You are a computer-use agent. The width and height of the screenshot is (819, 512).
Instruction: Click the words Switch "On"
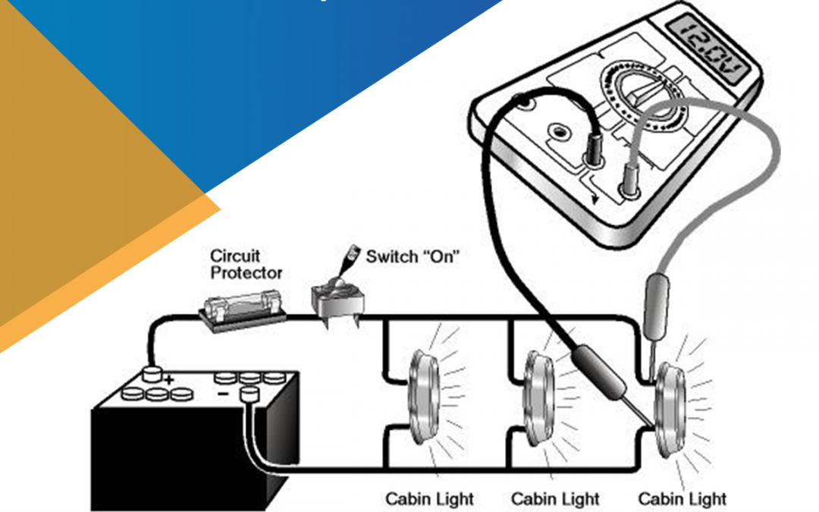(x=412, y=256)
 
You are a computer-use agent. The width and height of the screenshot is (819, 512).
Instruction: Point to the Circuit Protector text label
(x=246, y=265)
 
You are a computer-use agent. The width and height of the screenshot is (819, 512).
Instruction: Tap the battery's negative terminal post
(x=249, y=395)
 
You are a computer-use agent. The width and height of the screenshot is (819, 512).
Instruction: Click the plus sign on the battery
(x=168, y=380)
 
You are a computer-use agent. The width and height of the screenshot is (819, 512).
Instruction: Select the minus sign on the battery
(x=222, y=394)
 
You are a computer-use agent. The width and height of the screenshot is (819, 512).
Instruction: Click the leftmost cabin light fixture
(x=424, y=397)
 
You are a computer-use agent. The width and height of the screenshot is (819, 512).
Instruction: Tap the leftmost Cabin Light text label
(x=429, y=499)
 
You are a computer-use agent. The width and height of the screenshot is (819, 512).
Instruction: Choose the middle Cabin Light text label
(x=555, y=499)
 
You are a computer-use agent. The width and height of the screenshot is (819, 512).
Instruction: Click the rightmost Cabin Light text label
(x=682, y=499)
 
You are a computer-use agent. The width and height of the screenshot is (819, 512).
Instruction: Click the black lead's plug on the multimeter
(x=595, y=149)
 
